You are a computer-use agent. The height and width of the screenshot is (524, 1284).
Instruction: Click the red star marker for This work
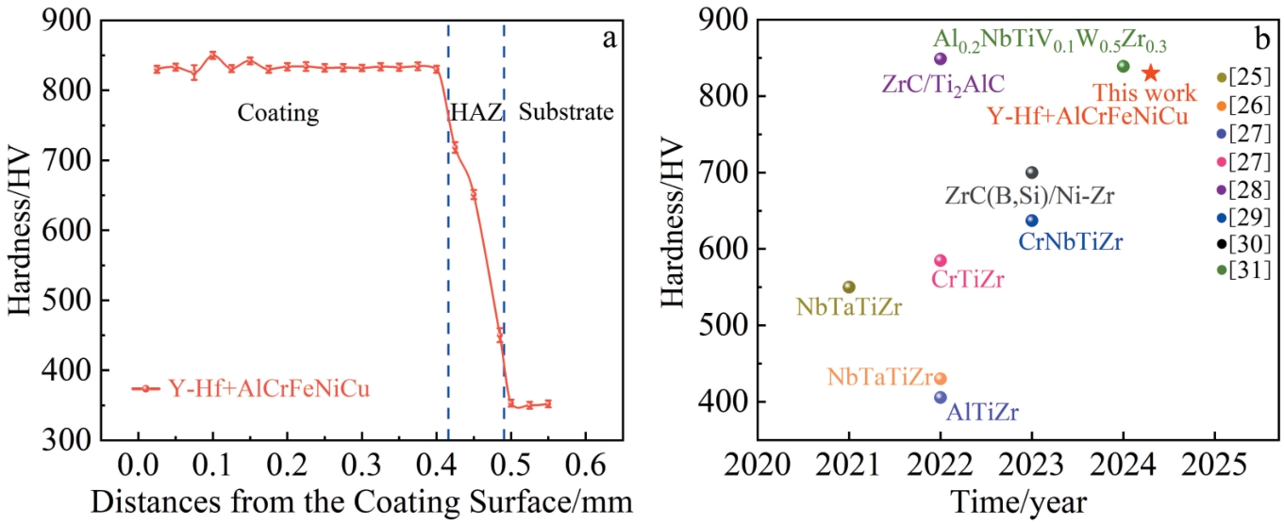tap(1150, 73)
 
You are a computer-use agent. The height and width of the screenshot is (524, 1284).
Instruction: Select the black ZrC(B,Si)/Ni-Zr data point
tap(1031, 172)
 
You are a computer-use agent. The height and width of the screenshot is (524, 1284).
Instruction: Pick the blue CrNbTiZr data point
tap(1031, 221)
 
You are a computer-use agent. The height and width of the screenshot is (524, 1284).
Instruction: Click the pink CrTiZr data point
tap(940, 260)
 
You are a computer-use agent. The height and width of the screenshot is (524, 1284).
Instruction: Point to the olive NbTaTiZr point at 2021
tap(848, 287)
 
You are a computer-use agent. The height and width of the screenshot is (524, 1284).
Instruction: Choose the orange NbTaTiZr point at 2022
tap(940, 379)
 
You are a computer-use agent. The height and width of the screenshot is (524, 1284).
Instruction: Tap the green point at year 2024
tap(1123, 66)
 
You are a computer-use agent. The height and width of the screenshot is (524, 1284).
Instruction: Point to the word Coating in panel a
tap(277, 114)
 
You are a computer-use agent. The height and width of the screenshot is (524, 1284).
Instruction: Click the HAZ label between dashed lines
tap(475, 113)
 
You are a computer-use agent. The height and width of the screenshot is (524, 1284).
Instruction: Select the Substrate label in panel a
tap(567, 113)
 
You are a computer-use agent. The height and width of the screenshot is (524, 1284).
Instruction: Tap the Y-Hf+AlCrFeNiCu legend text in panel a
tap(269, 388)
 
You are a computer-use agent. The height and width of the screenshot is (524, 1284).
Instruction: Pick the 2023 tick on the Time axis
tap(1031, 463)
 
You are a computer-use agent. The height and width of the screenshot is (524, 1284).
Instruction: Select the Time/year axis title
tap(1018, 500)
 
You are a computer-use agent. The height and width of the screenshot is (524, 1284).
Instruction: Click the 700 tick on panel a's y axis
tap(71, 160)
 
